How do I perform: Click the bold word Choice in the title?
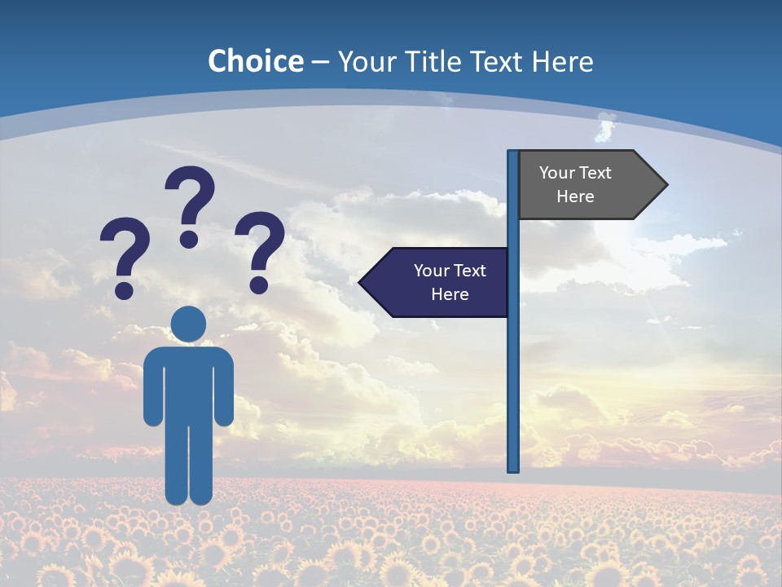pos(255,61)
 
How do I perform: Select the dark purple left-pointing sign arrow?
pos(435,282)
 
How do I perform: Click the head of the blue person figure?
pos(189,324)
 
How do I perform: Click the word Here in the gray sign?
pos(575,196)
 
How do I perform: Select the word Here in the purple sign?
pos(450,294)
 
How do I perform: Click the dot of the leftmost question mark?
pos(124,289)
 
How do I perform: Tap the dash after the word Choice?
pos(320,62)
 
